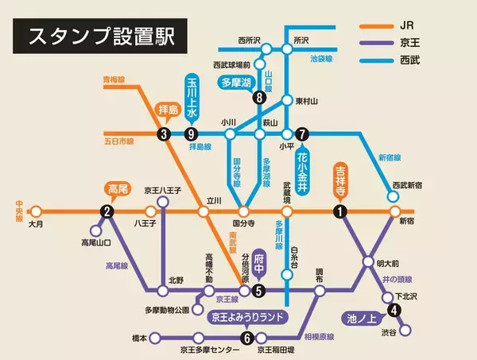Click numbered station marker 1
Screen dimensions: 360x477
(339, 211)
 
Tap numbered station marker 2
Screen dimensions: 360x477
(107, 211)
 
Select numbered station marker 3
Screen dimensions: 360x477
(164, 134)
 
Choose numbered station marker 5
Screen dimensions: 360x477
(258, 291)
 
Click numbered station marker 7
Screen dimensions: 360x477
(301, 134)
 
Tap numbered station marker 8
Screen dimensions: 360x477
(258, 98)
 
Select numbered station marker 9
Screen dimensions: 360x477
(190, 134)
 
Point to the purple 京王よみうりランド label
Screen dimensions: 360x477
(247, 317)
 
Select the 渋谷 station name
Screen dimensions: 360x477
(389, 331)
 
